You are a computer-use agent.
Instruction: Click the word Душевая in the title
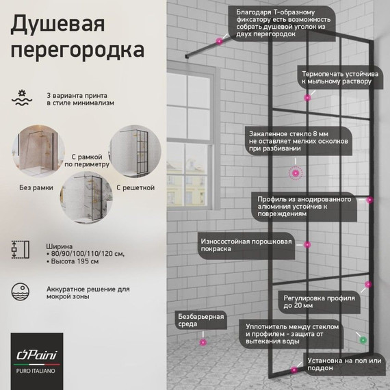57,26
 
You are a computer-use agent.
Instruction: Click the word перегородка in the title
77,52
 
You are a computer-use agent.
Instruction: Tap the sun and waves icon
21,97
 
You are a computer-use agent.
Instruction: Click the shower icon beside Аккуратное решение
21,293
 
